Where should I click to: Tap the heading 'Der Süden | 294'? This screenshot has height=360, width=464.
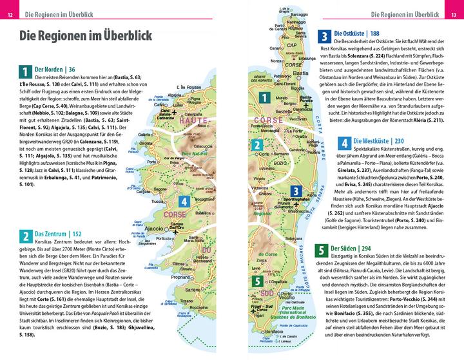coord(356,248)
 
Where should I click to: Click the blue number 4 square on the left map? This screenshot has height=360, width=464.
coord(185,201)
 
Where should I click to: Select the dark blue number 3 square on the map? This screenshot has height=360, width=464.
coord(295,191)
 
